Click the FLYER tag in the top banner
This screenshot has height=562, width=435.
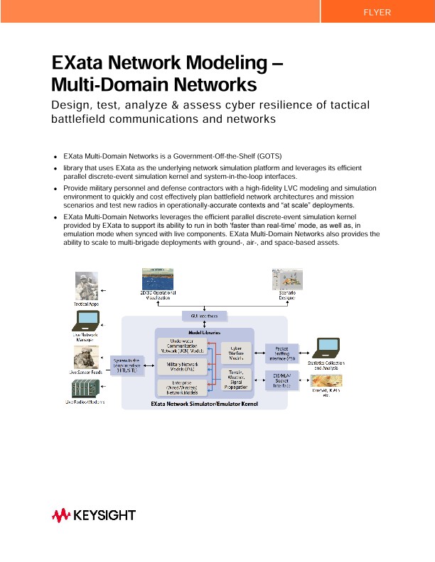pyautogui.click(x=377, y=13)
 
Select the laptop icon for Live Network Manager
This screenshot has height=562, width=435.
pyautogui.click(x=87, y=323)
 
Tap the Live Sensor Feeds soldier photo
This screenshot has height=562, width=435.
pyautogui.click(x=87, y=356)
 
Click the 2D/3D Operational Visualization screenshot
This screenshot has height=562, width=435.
pyautogui.click(x=158, y=280)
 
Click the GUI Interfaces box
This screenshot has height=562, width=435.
pyautogui.click(x=203, y=315)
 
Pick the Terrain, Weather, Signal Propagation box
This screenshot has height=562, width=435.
pyautogui.click(x=237, y=380)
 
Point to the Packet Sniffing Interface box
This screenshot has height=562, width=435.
pyautogui.click(x=281, y=353)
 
